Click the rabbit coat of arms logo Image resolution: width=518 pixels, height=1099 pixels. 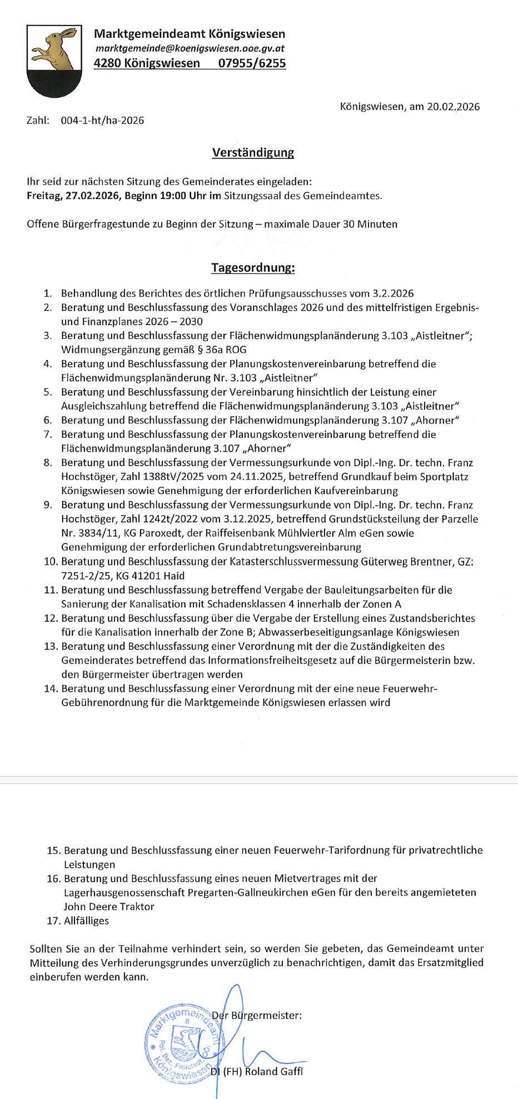click(x=54, y=60)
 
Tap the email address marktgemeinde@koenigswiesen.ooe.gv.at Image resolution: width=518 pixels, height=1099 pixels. click(x=190, y=48)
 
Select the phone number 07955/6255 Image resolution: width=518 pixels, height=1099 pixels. click(x=252, y=63)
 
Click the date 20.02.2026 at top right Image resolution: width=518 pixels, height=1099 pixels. click(x=453, y=107)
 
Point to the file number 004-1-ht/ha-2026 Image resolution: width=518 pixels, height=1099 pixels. click(x=102, y=121)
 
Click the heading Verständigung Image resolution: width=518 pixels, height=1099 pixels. click(x=253, y=153)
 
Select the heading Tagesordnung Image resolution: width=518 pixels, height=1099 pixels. click(x=253, y=268)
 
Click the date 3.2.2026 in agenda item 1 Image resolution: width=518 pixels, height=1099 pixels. click(x=392, y=293)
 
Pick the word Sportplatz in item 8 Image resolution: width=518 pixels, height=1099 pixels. click(x=444, y=477)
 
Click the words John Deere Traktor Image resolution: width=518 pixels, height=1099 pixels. click(x=109, y=907)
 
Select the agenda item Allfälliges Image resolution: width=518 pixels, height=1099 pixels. click(x=86, y=921)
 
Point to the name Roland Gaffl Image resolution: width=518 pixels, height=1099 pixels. click(x=273, y=1071)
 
